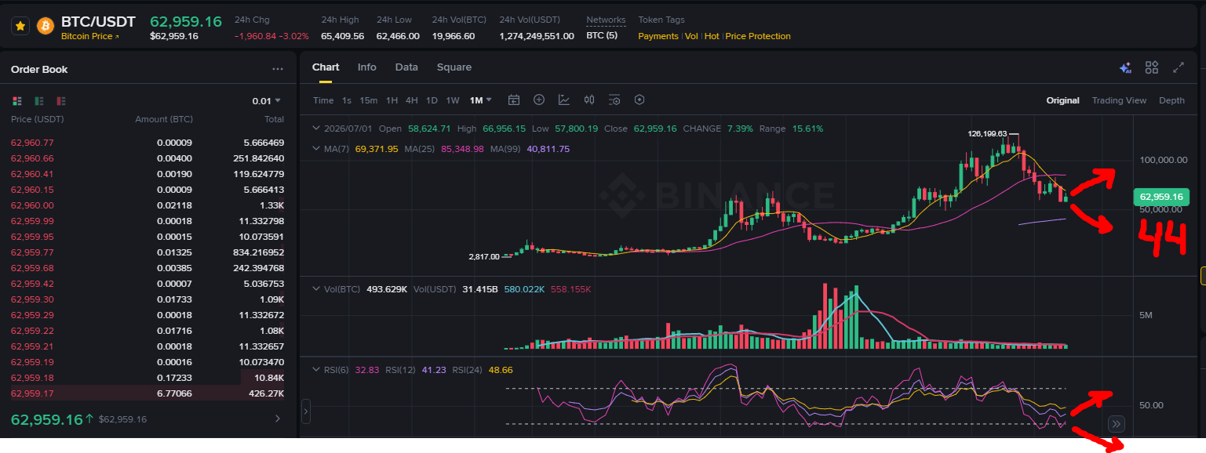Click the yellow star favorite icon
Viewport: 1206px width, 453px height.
point(20,26)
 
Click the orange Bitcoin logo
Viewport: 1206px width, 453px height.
point(46,26)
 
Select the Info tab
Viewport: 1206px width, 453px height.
point(366,67)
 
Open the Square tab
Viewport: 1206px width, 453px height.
point(454,67)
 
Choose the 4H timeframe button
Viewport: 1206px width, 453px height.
point(411,100)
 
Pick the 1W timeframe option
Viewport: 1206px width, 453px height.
point(453,100)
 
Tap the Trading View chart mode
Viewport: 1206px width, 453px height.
point(1119,100)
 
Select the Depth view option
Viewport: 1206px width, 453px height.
point(1171,100)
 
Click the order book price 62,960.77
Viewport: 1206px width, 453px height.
point(32,143)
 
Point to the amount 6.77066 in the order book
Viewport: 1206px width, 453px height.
point(174,393)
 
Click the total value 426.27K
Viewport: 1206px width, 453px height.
point(267,393)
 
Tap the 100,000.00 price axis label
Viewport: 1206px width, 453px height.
point(1163,160)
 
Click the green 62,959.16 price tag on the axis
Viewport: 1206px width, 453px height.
point(1161,197)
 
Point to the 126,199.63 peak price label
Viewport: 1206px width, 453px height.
point(987,133)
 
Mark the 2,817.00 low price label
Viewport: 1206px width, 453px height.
point(484,256)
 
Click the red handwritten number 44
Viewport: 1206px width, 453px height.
point(1162,238)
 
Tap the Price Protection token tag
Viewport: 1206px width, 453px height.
point(757,36)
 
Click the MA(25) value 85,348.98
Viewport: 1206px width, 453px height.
point(462,149)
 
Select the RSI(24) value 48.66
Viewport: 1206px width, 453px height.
point(500,370)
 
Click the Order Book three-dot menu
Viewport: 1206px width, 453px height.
point(277,69)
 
